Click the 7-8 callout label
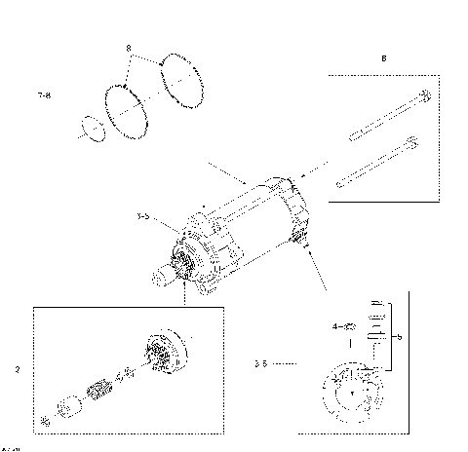pos(43,96)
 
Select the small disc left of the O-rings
pos(93,128)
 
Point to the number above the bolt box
pos(383,58)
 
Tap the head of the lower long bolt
pos(411,145)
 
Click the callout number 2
pos(18,370)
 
